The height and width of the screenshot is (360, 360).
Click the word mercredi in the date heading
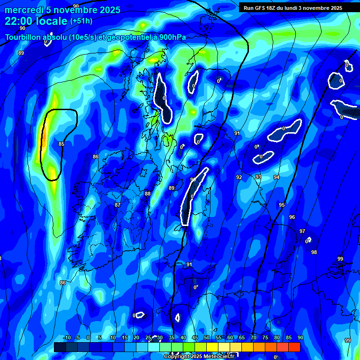[x=23, y=10]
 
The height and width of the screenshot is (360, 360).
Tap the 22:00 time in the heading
[x=19, y=21]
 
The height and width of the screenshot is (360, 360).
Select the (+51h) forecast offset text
[x=81, y=21]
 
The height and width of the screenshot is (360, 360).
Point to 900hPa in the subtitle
[x=172, y=37]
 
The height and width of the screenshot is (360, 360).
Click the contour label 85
[x=61, y=144]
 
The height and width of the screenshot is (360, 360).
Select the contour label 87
[x=118, y=205]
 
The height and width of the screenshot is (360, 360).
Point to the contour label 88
[x=148, y=194]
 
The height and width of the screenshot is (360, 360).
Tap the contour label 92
[x=239, y=177]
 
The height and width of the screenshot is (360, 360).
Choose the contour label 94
[x=277, y=177]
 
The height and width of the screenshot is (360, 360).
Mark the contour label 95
[x=282, y=205]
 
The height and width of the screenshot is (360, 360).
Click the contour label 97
[x=302, y=231]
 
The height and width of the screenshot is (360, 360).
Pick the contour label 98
[x=314, y=252]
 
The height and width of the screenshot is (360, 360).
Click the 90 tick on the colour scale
[x=300, y=338]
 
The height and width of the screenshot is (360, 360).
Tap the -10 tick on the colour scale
[x=67, y=338]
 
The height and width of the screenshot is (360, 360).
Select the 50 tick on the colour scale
[x=207, y=338]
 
